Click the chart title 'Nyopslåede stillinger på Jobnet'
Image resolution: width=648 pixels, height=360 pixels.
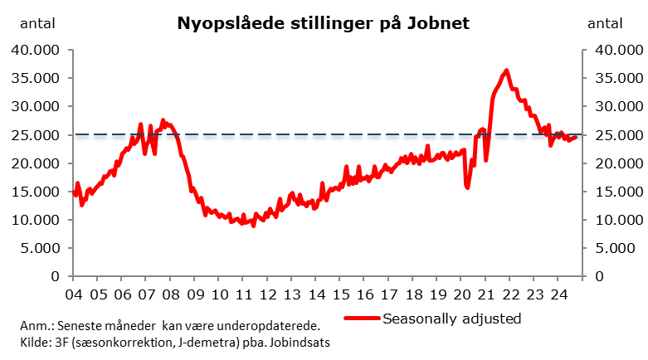pos(324,23)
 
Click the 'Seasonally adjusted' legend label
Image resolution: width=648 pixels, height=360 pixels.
pos(451,318)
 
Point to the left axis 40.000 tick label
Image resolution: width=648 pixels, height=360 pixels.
pos(35,50)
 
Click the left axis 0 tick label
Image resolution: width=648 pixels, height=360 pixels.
pos(56,276)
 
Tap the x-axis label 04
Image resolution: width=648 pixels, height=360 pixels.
pos(73,294)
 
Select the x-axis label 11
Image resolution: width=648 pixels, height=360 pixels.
pos(244,294)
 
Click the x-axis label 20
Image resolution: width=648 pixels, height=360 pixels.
pos(463,294)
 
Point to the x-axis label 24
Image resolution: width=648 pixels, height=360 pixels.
pos(560,294)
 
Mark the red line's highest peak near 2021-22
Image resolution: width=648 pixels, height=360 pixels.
pos(506,71)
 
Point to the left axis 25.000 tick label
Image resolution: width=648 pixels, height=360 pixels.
pos(35,135)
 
